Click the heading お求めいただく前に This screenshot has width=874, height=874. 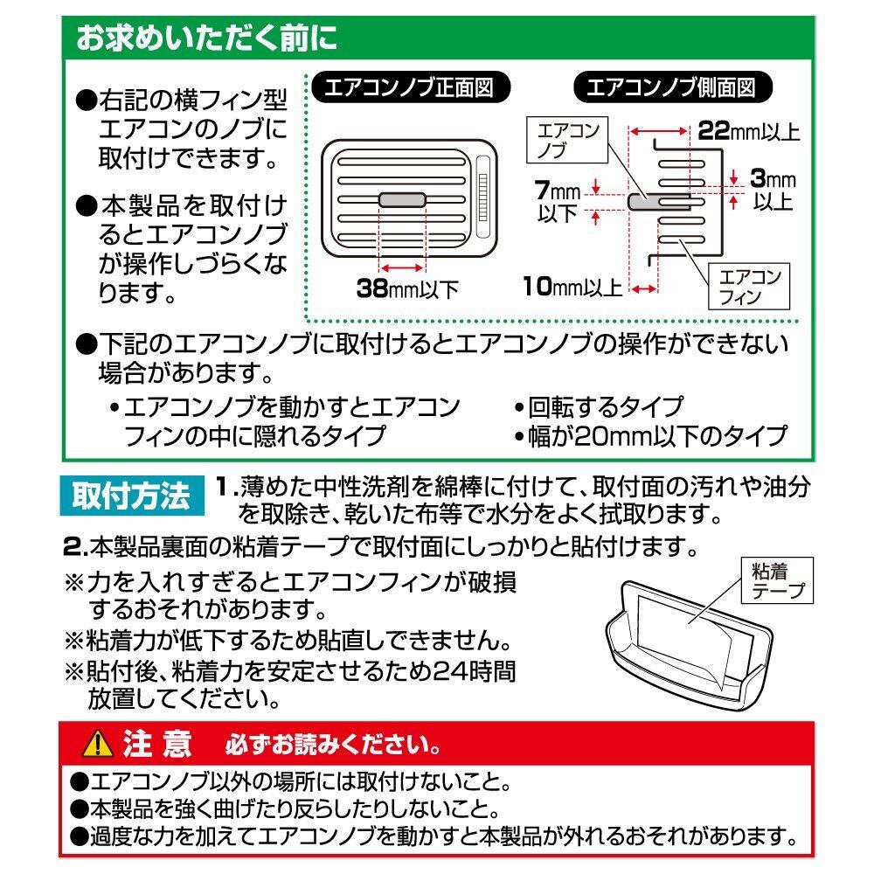tap(205, 40)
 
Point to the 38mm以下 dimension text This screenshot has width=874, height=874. tap(407, 288)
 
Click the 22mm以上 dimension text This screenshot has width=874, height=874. tap(748, 133)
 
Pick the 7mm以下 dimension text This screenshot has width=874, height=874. tap(560, 200)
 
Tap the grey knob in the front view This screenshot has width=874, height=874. tap(402, 200)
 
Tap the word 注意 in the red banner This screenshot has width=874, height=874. tap(157, 744)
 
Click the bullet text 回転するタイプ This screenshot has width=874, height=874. tap(604, 406)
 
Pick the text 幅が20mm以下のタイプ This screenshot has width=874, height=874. tap(655, 435)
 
